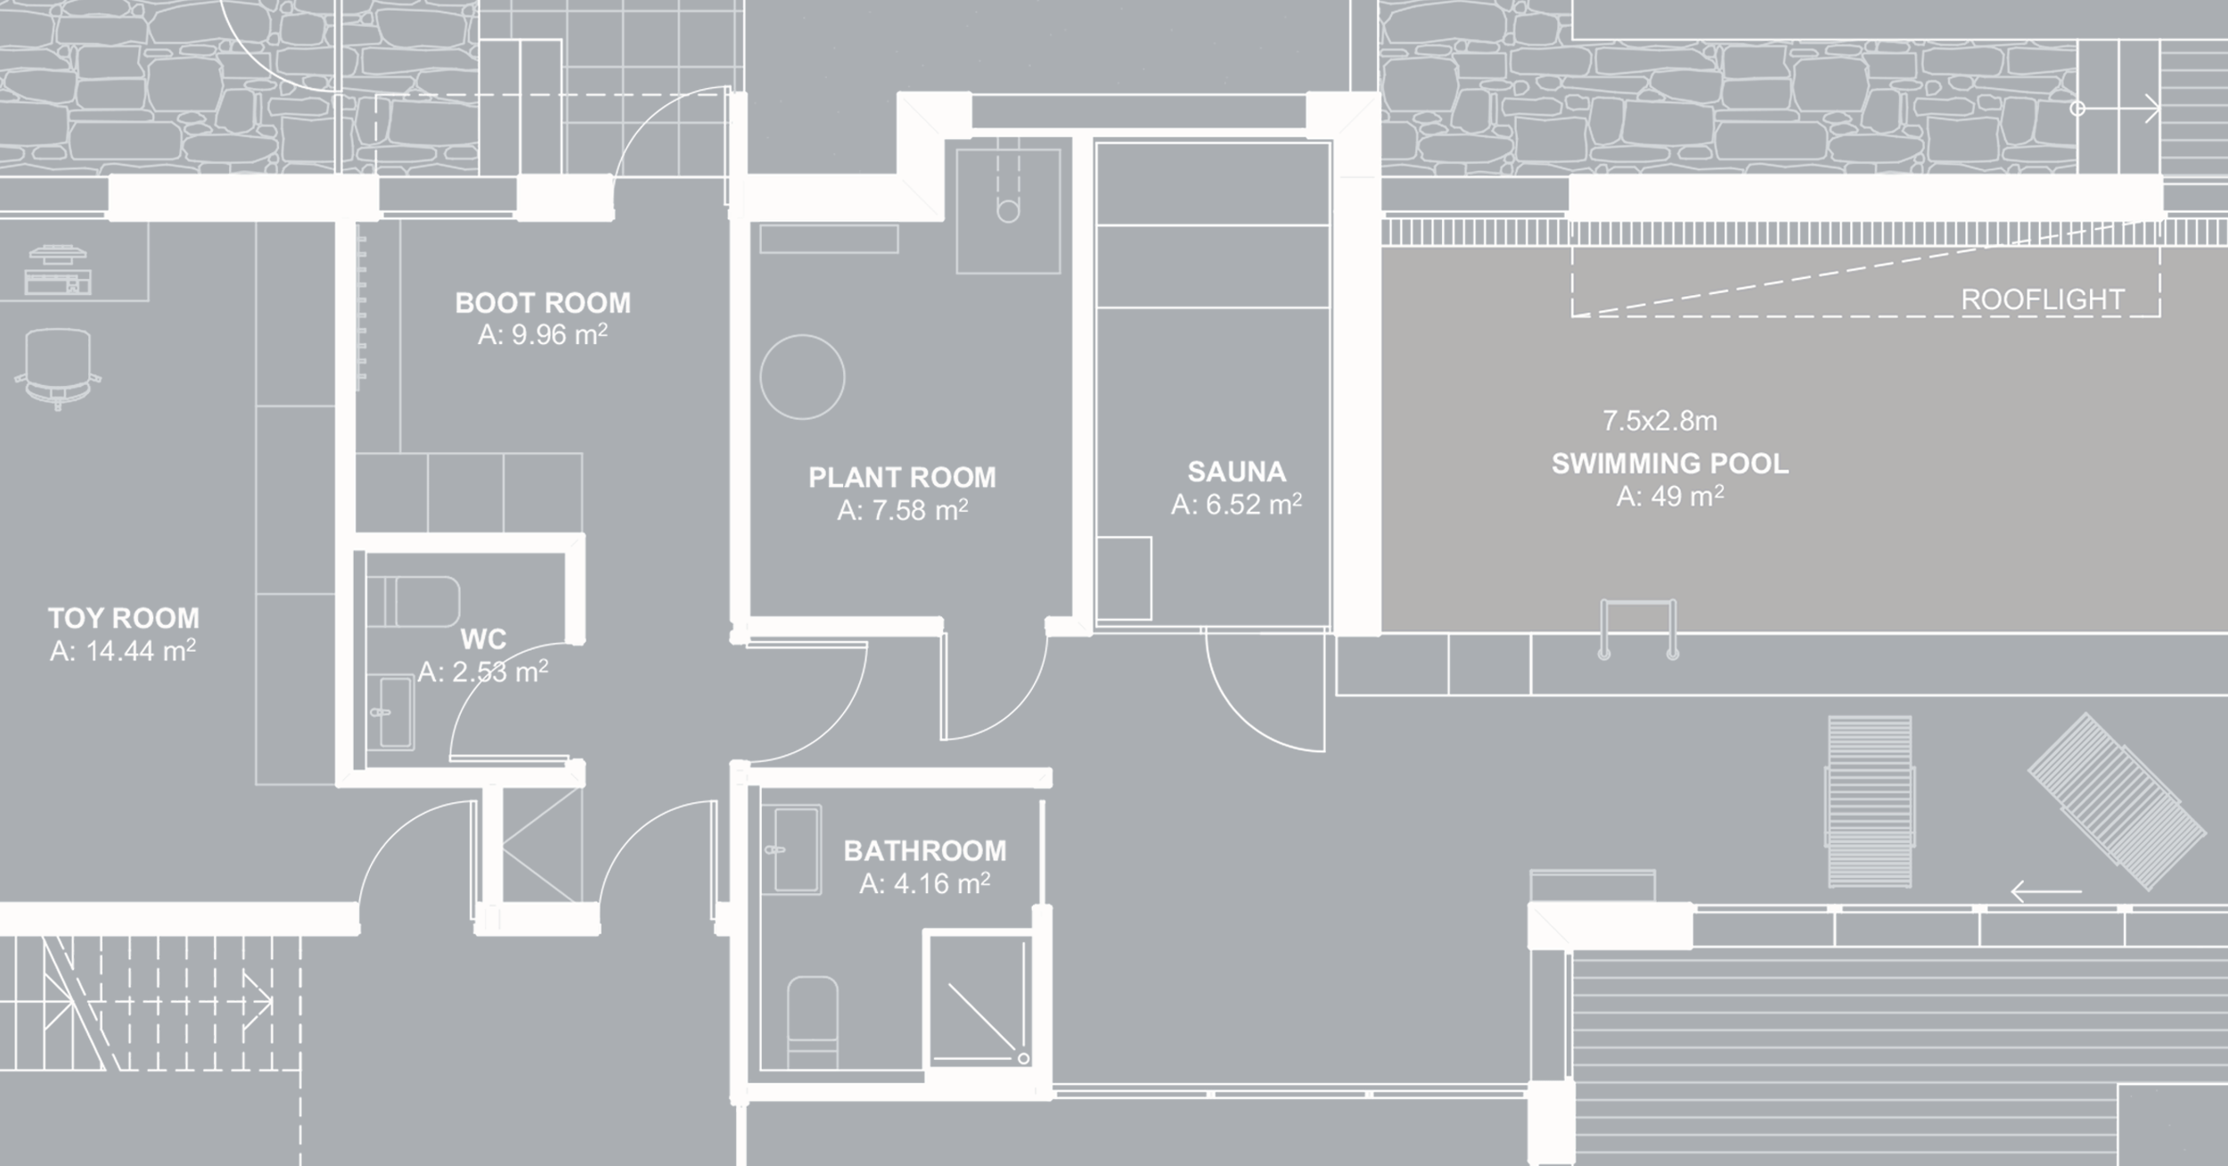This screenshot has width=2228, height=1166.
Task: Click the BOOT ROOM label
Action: [x=543, y=303]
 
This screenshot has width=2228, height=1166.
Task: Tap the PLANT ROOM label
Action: [x=902, y=478]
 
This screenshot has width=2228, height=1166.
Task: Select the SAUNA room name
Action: [x=1236, y=472]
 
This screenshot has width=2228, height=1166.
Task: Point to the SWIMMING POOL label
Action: [x=1669, y=464]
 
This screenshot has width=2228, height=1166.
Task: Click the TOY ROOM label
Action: [x=124, y=618]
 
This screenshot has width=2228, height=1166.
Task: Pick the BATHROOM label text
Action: [x=925, y=850]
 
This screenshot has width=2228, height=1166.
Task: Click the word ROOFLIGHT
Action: [x=2043, y=300]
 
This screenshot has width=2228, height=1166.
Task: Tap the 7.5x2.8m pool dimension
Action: [x=1659, y=421]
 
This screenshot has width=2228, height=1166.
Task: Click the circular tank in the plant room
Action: [x=802, y=377]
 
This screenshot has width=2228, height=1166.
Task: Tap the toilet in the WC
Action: [x=413, y=602]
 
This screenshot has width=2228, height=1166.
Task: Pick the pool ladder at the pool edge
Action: [x=1638, y=628]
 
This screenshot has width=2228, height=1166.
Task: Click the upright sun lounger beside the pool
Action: [x=1869, y=802]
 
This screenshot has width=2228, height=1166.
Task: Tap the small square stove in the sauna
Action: [x=1124, y=579]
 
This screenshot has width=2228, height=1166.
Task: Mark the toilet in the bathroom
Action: [x=813, y=1022]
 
